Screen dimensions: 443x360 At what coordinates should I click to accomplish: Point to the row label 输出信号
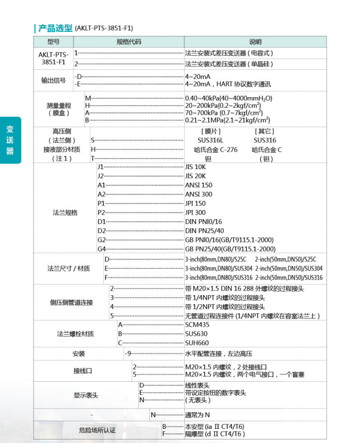pos(54,80)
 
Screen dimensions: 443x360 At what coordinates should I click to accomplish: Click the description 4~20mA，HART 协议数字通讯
pos(228,84)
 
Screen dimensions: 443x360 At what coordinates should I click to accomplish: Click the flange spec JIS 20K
pos(196,176)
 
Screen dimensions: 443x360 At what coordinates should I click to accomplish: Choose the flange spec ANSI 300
pos(198,194)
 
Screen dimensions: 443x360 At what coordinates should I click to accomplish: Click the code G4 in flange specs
pos(102,249)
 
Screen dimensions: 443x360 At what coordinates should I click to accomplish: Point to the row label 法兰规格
pos(65,213)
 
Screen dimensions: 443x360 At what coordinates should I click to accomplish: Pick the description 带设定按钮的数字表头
pos(215,392)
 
